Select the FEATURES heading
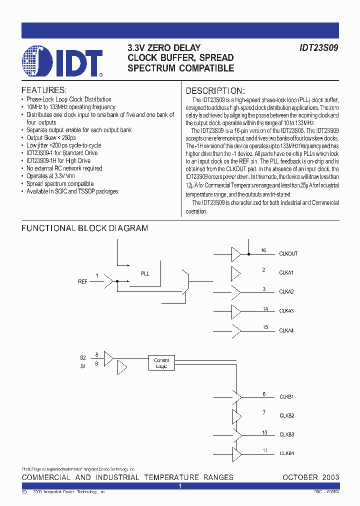point(43,90)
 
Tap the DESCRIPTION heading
point(215,91)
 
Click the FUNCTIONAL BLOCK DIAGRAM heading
point(84,228)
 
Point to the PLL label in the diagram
point(145,274)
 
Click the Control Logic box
point(161,363)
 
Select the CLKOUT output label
point(288,254)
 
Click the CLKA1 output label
point(286,273)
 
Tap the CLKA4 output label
point(286,330)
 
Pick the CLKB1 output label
point(286,397)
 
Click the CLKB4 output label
point(286,453)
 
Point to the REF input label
point(82,282)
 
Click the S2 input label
point(83,357)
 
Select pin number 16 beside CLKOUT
point(263,250)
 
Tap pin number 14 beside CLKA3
point(265,309)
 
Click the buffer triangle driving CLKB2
point(236,416)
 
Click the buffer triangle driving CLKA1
point(235,273)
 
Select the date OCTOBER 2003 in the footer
point(310,477)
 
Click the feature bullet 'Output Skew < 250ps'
point(51,137)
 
